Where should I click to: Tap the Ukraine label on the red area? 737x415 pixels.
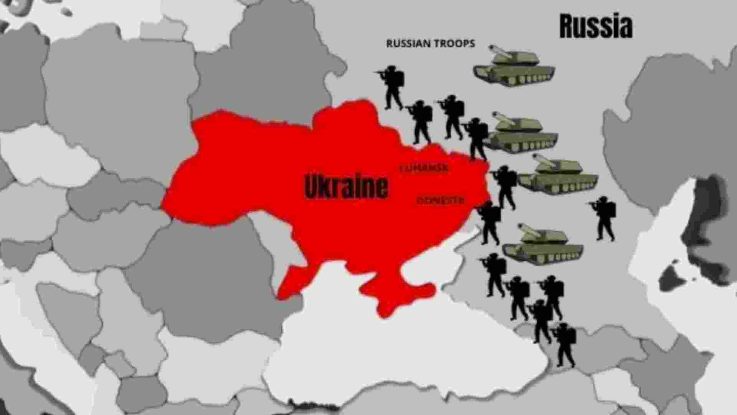[346, 187]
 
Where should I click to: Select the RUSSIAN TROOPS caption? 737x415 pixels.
[430, 43]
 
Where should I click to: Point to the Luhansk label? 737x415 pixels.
[424, 168]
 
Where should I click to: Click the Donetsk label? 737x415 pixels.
[440, 200]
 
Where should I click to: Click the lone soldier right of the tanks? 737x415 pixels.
[605, 218]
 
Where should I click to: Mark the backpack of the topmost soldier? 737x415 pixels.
[400, 79]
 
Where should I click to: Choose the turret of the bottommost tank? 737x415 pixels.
[545, 235]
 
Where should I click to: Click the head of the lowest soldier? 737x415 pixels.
[563, 327]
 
